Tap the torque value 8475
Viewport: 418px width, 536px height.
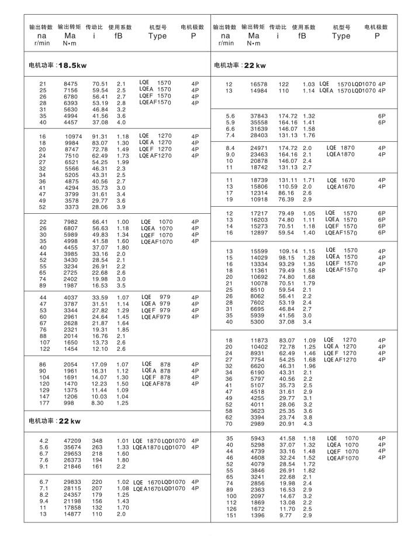[x=71, y=84]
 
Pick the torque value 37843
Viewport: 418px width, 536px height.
[x=258, y=116]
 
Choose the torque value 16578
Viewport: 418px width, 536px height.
[x=258, y=84]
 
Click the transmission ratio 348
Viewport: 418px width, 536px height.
[x=97, y=441]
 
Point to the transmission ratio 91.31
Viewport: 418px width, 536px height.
[x=101, y=136]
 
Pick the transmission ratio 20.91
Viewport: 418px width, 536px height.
[x=285, y=423]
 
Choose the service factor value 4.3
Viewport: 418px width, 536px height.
[x=308, y=423]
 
